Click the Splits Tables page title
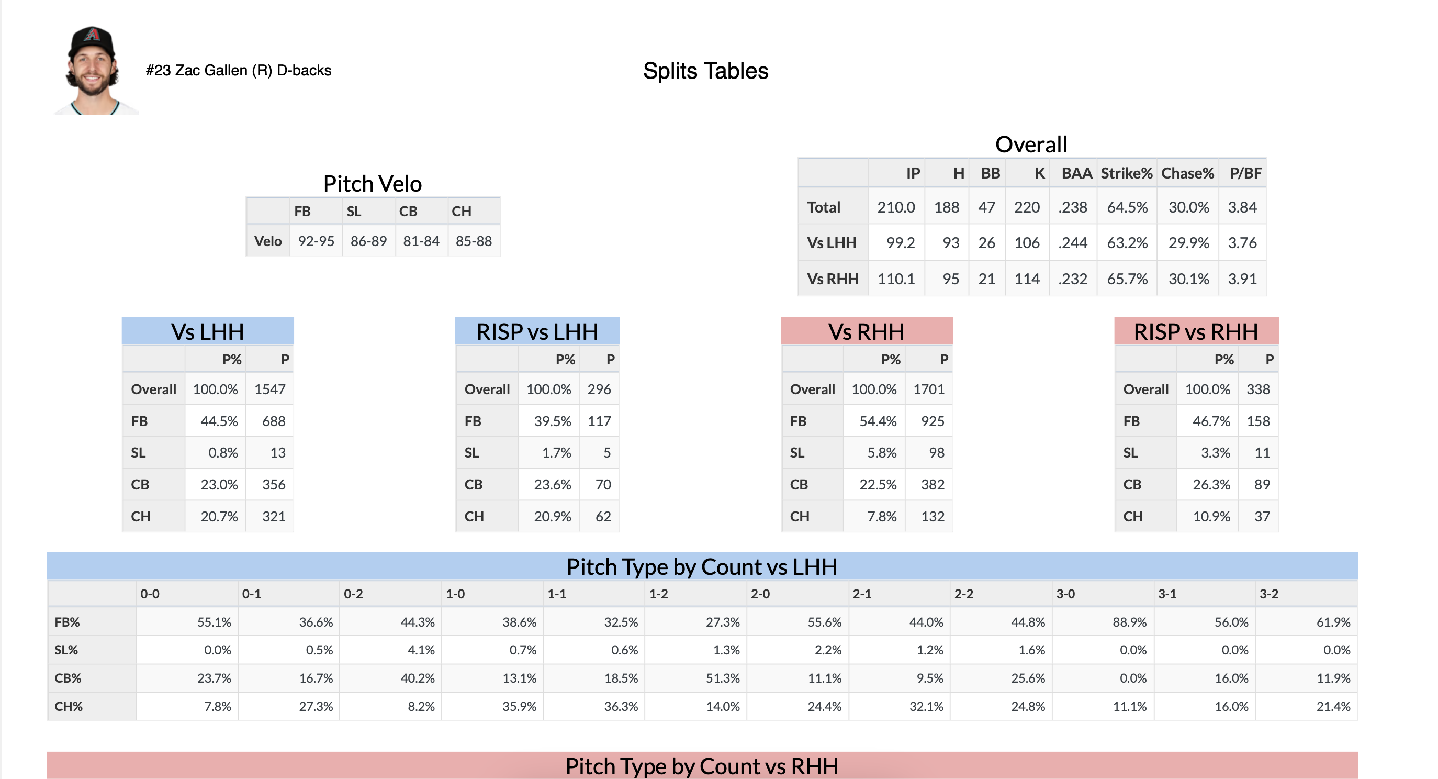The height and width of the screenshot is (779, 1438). click(x=705, y=71)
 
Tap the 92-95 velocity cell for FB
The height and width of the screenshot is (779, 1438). click(x=316, y=241)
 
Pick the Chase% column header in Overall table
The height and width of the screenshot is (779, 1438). click(x=1187, y=173)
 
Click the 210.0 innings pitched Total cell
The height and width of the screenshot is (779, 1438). click(x=895, y=207)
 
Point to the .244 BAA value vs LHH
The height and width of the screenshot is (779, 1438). click(x=1072, y=243)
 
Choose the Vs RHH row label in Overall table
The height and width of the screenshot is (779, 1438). click(x=833, y=279)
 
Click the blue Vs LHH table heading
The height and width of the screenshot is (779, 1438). click(x=208, y=332)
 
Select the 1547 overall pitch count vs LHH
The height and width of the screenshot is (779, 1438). click(x=269, y=389)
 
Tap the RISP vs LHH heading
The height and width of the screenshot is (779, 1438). click(x=537, y=332)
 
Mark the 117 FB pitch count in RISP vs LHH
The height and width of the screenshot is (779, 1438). click(x=599, y=421)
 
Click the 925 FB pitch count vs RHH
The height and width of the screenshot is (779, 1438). click(x=933, y=421)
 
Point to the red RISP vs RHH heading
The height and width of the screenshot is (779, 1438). click(x=1196, y=332)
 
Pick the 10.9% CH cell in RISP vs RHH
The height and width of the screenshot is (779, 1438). click(x=1211, y=517)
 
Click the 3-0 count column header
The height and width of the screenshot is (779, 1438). click(x=1065, y=594)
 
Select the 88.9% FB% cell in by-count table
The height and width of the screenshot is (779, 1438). click(x=1129, y=622)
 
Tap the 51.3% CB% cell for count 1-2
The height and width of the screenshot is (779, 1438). click(x=722, y=678)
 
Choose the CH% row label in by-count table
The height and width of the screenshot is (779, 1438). click(x=69, y=706)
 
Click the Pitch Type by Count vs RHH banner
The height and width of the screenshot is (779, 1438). click(x=702, y=765)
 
